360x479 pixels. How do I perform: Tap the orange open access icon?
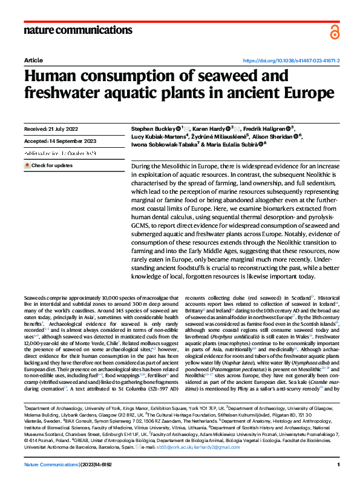point(335,32)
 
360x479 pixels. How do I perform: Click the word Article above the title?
point(33,61)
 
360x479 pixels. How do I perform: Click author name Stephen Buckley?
point(153,129)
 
